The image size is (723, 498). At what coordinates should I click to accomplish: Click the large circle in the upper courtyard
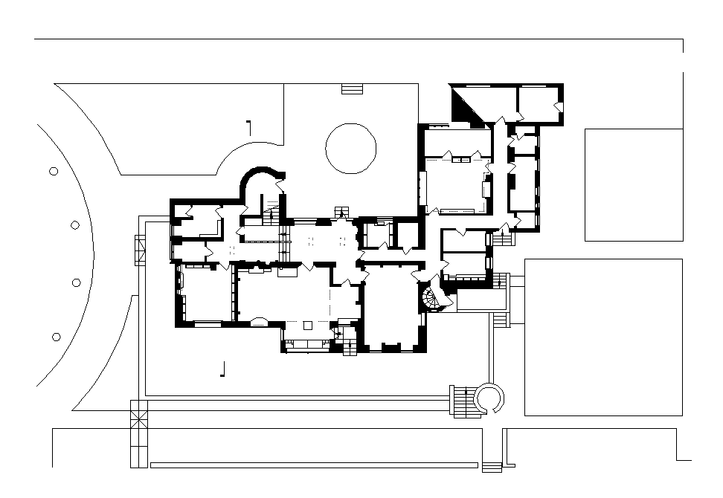click(350, 149)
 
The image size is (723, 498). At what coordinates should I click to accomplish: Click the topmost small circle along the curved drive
click(54, 171)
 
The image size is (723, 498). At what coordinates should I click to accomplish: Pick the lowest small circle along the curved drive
click(56, 337)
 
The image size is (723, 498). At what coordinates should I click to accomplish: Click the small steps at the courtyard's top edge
click(351, 88)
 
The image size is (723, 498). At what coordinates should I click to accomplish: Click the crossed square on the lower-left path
click(139, 413)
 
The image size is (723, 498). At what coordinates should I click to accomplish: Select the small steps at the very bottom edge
click(492, 467)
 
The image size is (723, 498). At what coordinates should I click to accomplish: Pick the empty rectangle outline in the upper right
click(634, 184)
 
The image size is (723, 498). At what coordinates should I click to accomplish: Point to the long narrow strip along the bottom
click(313, 465)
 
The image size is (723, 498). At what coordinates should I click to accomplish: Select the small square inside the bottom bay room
click(308, 325)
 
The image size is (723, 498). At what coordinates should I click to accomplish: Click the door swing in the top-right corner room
click(557, 108)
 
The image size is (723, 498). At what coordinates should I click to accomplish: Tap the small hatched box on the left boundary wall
click(141, 250)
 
